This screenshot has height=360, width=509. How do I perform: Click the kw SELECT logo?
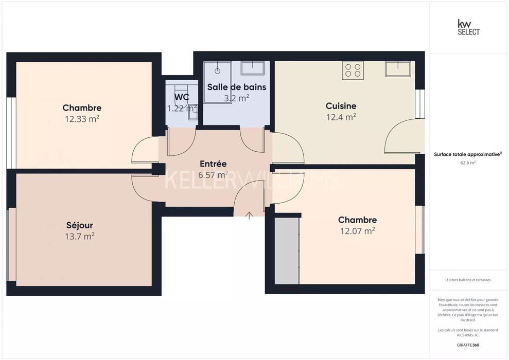pyautogui.click(x=468, y=27)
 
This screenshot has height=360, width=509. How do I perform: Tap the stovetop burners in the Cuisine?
pyautogui.click(x=353, y=70)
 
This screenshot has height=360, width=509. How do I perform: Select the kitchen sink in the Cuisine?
pyautogui.click(x=398, y=69)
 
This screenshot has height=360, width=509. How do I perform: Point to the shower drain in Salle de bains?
pyautogui.click(x=218, y=71)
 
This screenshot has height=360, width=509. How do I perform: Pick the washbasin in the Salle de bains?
pyautogui.click(x=253, y=68)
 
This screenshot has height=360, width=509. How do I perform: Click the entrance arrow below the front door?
pyautogui.click(x=249, y=215)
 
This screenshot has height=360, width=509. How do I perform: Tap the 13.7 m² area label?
pyautogui.click(x=80, y=236)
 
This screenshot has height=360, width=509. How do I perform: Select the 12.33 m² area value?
pyautogui.click(x=82, y=119)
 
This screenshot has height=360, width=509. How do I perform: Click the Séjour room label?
pyautogui.click(x=80, y=225)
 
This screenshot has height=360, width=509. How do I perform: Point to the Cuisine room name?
pyautogui.click(x=341, y=106)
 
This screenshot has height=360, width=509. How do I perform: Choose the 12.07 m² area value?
pyautogui.click(x=357, y=231)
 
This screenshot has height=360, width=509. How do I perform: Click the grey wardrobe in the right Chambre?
pyautogui.click(x=287, y=251)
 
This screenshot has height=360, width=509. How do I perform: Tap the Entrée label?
pyautogui.click(x=213, y=164)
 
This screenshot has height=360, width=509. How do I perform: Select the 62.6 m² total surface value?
pyautogui.click(x=468, y=163)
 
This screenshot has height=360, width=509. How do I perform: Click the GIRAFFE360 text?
pyautogui.click(x=468, y=345)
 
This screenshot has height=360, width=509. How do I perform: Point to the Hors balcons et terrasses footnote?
pyautogui.click(x=468, y=280)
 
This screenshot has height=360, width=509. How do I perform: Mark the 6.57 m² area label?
pyautogui.click(x=213, y=175)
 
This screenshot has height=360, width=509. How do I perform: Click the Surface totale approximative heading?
pyautogui.click(x=467, y=154)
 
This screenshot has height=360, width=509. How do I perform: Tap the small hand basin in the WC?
pyautogui.click(x=193, y=112)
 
